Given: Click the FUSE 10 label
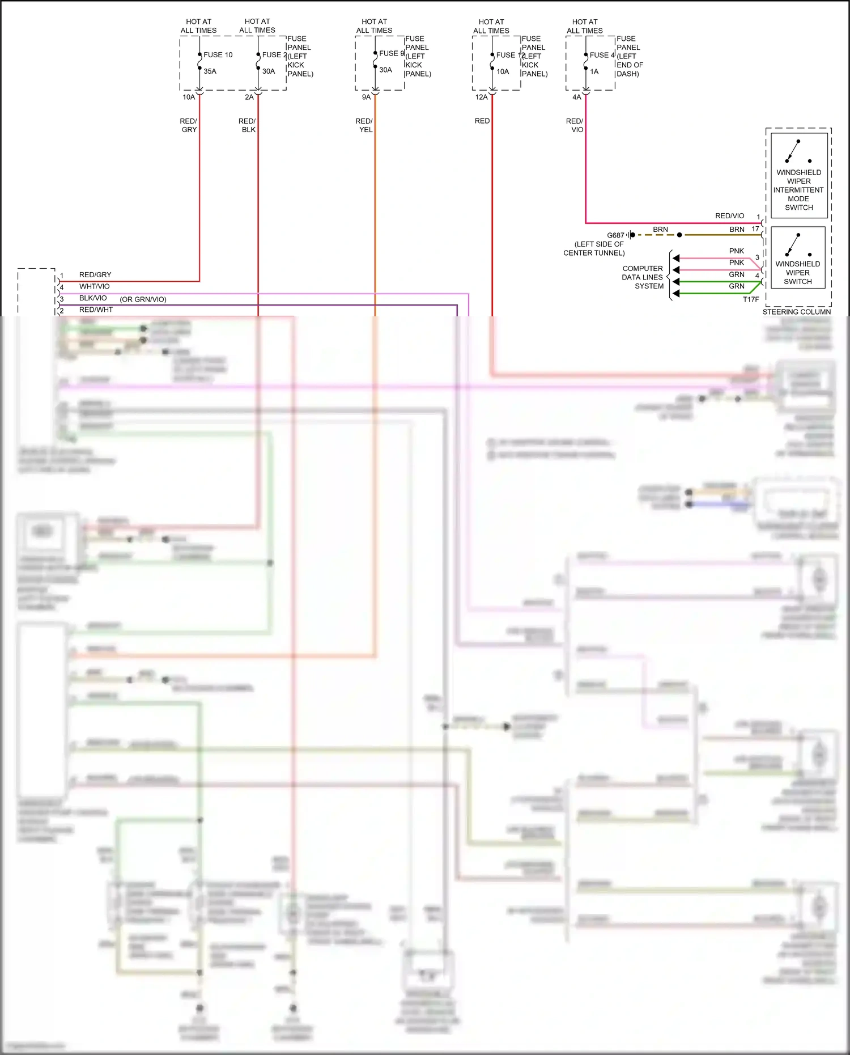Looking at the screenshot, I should click(218, 55).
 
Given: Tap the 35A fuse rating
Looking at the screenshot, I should click(210, 71).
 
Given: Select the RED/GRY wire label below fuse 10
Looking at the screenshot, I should click(189, 125).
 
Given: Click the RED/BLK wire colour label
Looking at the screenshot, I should click(248, 125).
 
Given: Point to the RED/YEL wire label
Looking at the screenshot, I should click(364, 125).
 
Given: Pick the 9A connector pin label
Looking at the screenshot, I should click(366, 98).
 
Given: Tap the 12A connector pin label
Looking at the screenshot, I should click(481, 98).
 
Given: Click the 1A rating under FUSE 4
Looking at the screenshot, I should click(594, 72).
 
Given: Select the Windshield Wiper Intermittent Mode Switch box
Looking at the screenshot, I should click(798, 175).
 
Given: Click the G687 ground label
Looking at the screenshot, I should click(615, 235).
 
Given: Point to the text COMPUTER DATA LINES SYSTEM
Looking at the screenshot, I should click(643, 277).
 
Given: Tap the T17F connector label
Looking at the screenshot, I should click(751, 299).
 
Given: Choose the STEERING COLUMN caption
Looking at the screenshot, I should click(796, 312).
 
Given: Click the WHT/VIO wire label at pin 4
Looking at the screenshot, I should click(94, 287).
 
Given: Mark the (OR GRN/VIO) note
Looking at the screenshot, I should click(143, 299).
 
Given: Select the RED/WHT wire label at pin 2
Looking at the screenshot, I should click(96, 310).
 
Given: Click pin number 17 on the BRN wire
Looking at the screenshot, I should click(755, 229).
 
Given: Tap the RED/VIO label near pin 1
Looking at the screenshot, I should click(729, 216).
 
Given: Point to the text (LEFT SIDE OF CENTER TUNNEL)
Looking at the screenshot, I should click(594, 248).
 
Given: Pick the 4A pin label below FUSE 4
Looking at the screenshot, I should click(576, 98).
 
